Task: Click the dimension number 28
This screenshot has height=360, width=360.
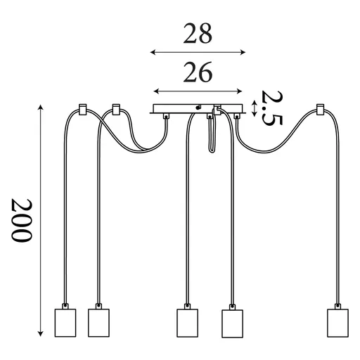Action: coord(198,33)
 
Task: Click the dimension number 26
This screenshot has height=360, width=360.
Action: coord(198,72)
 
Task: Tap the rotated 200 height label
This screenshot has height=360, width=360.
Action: coord(22,220)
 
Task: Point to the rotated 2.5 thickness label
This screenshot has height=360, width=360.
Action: coord(272,108)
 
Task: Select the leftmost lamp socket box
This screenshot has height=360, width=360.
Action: coord(65,323)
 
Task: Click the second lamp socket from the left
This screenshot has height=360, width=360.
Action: coord(98,323)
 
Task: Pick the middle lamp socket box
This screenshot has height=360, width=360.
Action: coord(187,323)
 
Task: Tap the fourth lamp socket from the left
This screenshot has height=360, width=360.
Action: coord(232,323)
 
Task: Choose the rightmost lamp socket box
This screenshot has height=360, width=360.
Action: coord(337,323)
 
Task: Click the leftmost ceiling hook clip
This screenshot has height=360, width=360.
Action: coord(82,110)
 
